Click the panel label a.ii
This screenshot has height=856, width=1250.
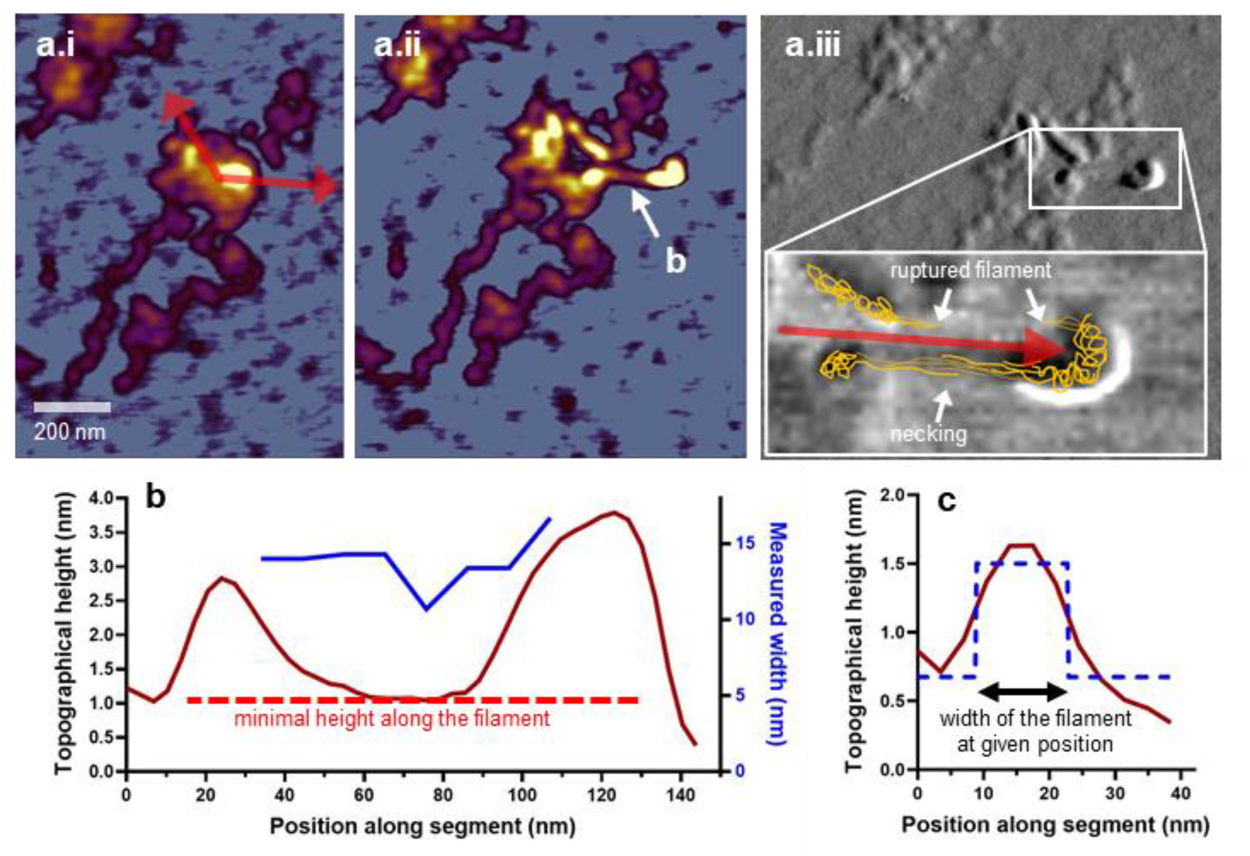coord(397,45)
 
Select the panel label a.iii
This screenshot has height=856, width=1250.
coord(812,45)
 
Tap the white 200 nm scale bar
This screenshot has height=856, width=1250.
coord(72,408)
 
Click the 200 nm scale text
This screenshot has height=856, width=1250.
coord(70,431)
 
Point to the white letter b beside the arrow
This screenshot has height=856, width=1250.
coord(676,261)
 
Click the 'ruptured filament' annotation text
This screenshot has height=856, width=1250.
coord(970,270)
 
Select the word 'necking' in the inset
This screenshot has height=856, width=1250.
coord(929,433)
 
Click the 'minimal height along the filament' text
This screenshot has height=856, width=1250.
coord(392,718)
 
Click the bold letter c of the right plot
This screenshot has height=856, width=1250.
coord(946,501)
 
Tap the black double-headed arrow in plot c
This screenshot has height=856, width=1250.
coord(1022,692)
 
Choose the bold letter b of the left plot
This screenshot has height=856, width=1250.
coord(156,498)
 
